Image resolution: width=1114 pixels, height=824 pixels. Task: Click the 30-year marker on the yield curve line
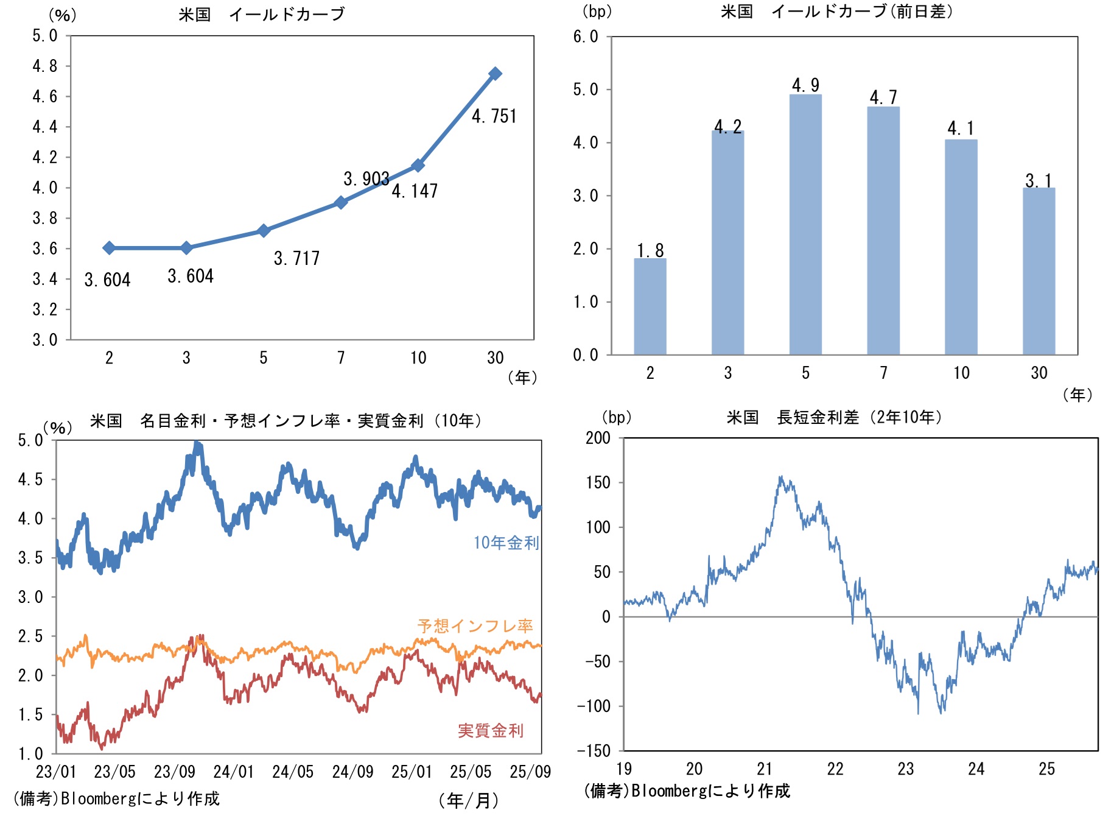tap(495, 74)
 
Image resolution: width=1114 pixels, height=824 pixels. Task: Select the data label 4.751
tap(494, 116)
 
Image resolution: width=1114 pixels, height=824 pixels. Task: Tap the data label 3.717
tap(296, 258)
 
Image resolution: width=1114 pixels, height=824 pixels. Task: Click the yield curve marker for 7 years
tap(341, 202)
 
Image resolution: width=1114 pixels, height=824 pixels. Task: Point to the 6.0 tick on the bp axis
tap(586, 37)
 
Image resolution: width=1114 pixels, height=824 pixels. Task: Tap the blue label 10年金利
tap(506, 543)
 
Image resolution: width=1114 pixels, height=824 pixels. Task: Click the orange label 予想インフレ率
tap(475, 625)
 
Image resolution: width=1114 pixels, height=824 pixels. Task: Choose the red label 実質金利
tap(490, 730)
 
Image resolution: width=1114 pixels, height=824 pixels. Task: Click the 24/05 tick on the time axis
tap(293, 772)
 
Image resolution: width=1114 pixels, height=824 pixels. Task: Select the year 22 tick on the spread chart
tap(835, 769)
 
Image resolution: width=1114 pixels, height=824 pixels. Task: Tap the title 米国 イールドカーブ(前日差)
tap(837, 12)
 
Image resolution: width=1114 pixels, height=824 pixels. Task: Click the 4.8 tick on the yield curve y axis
tap(45, 66)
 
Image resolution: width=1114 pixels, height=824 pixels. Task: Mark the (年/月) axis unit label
tap(468, 800)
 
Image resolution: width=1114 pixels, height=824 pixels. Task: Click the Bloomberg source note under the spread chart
tap(687, 791)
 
